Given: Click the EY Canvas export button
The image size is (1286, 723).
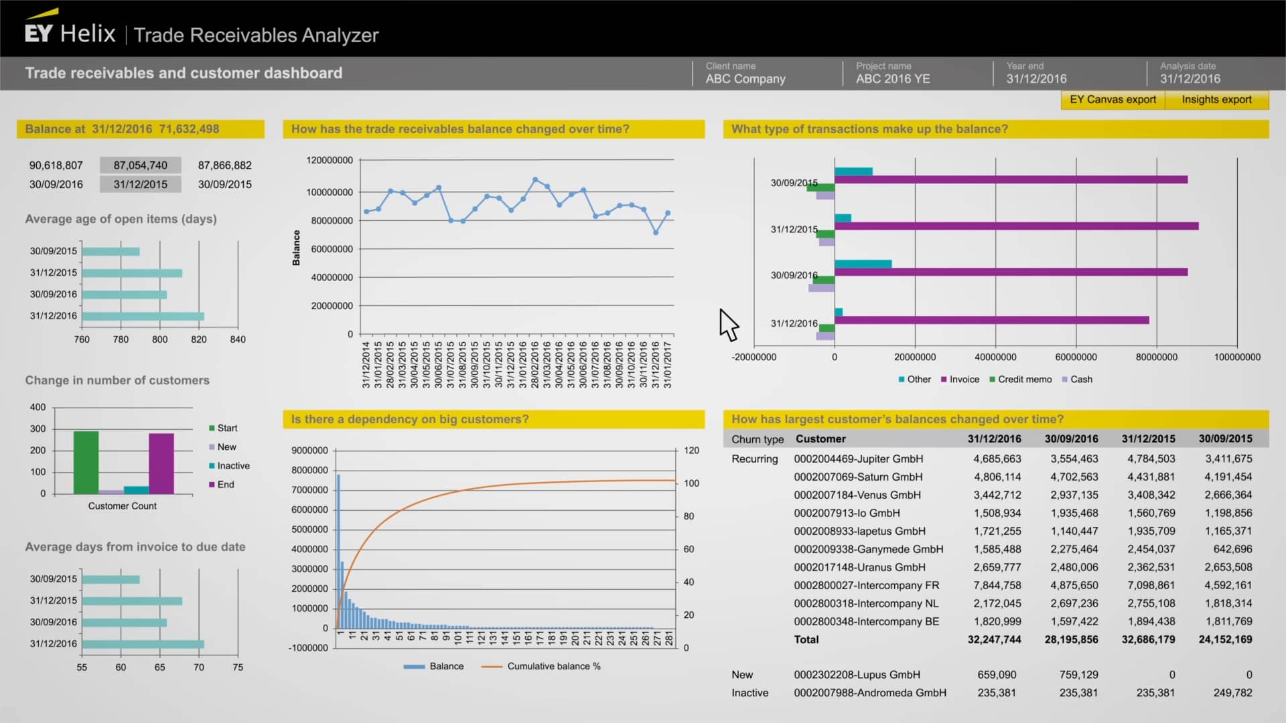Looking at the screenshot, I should (x=1113, y=100).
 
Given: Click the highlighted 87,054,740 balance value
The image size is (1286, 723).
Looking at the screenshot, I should (x=140, y=165).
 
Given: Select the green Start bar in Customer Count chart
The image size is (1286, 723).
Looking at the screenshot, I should (x=86, y=463).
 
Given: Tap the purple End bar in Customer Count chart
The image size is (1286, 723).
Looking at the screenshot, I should (x=161, y=463).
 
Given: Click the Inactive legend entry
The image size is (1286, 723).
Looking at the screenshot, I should (x=232, y=466).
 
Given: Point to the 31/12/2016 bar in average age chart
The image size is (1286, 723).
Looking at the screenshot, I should (x=143, y=316).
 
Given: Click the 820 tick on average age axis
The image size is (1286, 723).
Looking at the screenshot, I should (x=199, y=339).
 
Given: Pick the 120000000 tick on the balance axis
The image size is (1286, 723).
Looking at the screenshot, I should (x=329, y=161).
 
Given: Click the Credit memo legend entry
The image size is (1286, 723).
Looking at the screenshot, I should (x=1024, y=380).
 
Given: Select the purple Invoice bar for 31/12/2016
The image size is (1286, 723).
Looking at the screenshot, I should (x=991, y=320).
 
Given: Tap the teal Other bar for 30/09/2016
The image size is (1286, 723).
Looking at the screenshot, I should (x=863, y=264).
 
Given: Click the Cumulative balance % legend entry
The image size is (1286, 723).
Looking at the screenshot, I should (x=553, y=667).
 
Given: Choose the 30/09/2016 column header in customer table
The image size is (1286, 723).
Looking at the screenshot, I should (x=1071, y=439).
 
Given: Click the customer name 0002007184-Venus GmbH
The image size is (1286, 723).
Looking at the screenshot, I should (x=857, y=495).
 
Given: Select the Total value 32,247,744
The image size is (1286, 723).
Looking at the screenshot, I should (x=994, y=640).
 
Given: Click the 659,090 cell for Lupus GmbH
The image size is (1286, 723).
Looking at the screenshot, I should (x=997, y=675).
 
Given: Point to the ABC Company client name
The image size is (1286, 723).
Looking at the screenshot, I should (x=745, y=79).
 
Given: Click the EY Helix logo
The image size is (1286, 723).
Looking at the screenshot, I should (x=70, y=33).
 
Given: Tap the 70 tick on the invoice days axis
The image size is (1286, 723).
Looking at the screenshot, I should (x=199, y=667).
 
